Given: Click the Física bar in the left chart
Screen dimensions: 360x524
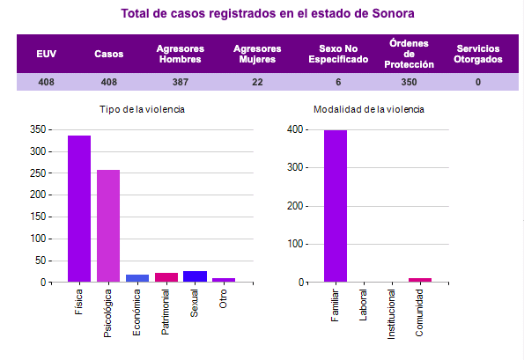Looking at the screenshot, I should click(x=79, y=209).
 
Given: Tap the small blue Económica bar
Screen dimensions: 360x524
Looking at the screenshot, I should click(x=137, y=278).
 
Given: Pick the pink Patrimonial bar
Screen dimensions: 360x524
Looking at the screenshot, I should click(x=166, y=277).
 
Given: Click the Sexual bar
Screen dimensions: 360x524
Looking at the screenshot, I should click(x=195, y=276).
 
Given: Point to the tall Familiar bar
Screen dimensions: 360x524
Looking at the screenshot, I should click(x=336, y=206).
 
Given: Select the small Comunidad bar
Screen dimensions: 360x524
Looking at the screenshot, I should click(x=420, y=280).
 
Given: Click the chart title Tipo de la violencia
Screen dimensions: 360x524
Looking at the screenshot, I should click(x=142, y=109).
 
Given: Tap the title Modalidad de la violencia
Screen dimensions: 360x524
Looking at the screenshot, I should click(x=369, y=109).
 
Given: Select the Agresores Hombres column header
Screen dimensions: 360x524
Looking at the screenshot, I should click(x=180, y=54).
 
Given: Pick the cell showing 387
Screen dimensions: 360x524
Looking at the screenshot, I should click(x=180, y=82).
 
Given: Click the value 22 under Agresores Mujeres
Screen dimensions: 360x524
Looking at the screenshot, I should click(x=257, y=82).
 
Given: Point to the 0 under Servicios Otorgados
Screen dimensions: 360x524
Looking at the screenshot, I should click(x=478, y=82).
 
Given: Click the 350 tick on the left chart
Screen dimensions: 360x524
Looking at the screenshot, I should click(x=37, y=129).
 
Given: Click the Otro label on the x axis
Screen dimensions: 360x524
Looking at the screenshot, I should click(x=224, y=299).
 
